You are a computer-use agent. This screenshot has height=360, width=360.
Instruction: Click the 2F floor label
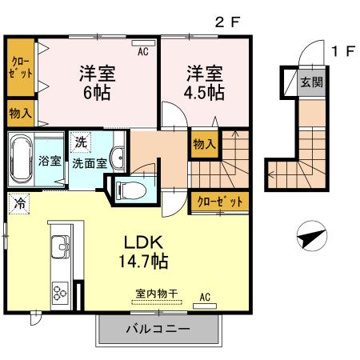(x=227, y=23)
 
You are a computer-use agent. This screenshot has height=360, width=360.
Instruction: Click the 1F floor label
(x=342, y=52)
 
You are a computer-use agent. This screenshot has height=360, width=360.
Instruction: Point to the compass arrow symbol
(x=310, y=238)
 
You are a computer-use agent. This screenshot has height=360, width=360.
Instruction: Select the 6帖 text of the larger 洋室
(x=96, y=90)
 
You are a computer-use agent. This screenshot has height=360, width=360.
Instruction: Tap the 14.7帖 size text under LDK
(x=144, y=261)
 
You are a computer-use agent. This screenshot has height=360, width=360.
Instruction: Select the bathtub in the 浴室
(x=22, y=159)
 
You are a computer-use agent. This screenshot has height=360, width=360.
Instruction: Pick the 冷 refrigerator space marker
(x=19, y=203)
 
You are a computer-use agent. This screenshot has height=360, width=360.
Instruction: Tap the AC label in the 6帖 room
(x=143, y=52)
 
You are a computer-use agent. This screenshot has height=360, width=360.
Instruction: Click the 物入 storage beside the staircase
(x=204, y=145)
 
